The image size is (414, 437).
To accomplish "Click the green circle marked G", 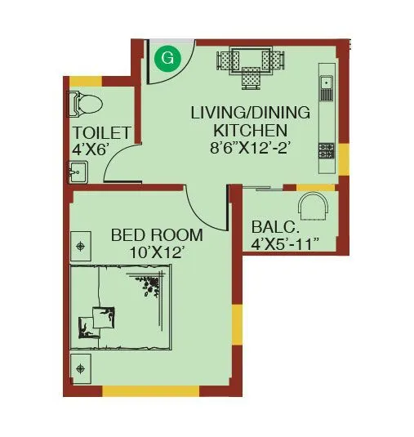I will click(167, 58).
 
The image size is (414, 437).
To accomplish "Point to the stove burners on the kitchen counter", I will click(326, 150).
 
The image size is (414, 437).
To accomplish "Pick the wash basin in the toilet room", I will click(78, 172).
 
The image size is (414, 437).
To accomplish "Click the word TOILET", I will click(101, 133).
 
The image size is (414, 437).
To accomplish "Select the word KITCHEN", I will click(250, 130).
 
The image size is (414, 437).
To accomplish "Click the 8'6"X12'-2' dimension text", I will click(250, 148).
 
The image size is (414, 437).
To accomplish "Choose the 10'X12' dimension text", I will click(157, 252).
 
